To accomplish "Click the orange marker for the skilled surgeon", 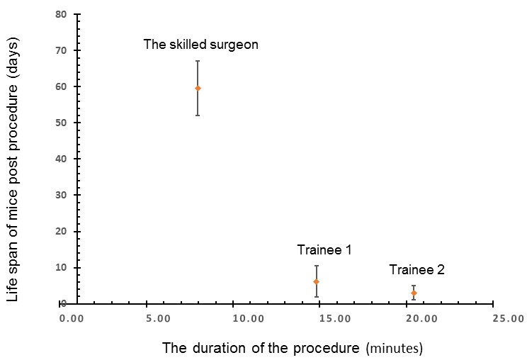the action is (x=198, y=89).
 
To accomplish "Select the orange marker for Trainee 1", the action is (x=316, y=281).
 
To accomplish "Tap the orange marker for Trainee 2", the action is (x=414, y=293).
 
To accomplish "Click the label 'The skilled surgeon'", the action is (x=200, y=45).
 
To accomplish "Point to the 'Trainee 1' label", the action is (x=324, y=249).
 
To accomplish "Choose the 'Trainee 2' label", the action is (x=416, y=269).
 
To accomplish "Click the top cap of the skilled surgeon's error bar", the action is (x=198, y=61).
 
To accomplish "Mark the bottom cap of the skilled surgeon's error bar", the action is (x=198, y=116).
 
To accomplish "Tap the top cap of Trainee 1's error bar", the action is (x=316, y=266).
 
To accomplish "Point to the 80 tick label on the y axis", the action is (x=61, y=14).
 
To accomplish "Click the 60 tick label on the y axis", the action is (x=61, y=86).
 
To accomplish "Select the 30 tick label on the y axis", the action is (x=61, y=195).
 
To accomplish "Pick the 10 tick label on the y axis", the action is (x=61, y=268).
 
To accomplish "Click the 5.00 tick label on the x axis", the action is (x=158, y=318).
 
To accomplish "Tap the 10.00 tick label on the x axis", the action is (x=249, y=318).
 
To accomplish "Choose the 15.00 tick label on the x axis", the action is (x=335, y=318).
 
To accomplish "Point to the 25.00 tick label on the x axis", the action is (x=509, y=318).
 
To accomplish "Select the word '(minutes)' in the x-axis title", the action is (x=395, y=349).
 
